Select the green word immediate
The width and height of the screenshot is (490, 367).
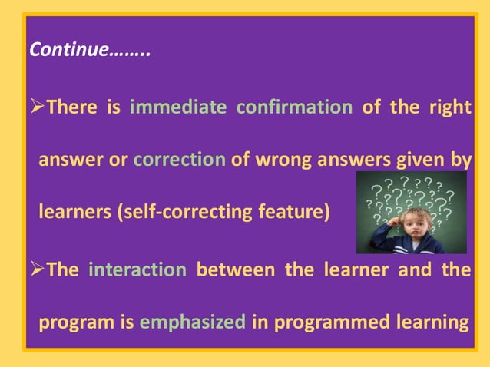(x=177, y=107)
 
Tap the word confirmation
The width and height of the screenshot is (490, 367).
(x=293, y=107)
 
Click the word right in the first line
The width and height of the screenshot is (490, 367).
(x=450, y=107)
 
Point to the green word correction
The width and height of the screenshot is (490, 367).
(x=179, y=161)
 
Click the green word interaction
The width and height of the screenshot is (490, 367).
(x=137, y=270)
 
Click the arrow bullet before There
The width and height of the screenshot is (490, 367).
(x=36, y=107)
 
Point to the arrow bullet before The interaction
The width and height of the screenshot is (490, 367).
(x=36, y=270)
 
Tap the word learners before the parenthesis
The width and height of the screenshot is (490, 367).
(x=74, y=212)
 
